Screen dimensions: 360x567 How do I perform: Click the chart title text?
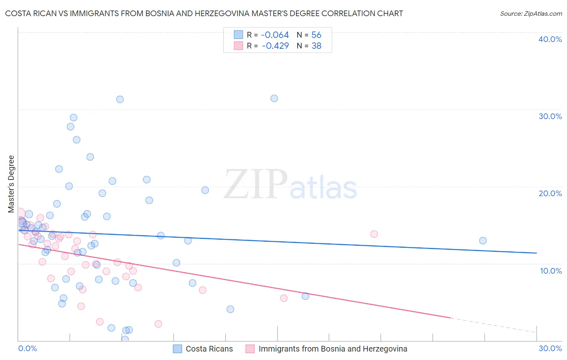(x=204, y=13)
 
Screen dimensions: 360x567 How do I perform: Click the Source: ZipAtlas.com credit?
(x=531, y=14)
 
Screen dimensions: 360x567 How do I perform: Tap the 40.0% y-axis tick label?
(x=550, y=39)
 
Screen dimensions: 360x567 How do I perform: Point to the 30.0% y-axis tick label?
(x=550, y=116)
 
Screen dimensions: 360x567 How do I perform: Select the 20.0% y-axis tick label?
(x=550, y=193)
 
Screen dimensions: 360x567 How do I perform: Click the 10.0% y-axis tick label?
(x=550, y=271)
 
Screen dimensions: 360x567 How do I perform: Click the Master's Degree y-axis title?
(x=11, y=184)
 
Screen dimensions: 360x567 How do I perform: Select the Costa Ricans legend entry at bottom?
(x=209, y=349)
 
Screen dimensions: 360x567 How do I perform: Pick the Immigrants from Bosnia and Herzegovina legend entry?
(x=332, y=349)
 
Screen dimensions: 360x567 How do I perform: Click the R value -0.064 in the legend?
(x=275, y=35)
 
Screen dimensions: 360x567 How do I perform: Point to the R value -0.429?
(x=275, y=46)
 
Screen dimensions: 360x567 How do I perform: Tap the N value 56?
(x=316, y=35)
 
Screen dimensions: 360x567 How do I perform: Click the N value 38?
(x=316, y=46)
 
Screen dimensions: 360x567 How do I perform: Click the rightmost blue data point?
(x=483, y=241)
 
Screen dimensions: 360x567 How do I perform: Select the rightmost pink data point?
(x=374, y=234)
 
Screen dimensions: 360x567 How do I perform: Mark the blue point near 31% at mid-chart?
(x=274, y=98)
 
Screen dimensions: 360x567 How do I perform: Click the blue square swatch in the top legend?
(x=238, y=35)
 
